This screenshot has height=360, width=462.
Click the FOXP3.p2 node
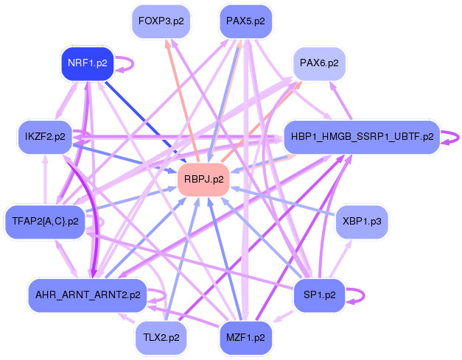(160, 22)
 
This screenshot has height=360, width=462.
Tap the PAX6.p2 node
(320, 64)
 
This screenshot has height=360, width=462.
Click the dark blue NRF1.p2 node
(88, 64)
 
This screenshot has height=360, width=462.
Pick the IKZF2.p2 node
(45, 137)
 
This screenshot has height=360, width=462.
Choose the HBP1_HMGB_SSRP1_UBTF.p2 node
(362, 137)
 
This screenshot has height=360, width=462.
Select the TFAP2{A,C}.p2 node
(45, 222)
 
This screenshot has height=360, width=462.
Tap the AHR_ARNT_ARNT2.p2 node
(88, 295)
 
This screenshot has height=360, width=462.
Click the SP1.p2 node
(320, 295)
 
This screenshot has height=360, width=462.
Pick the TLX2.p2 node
(160, 337)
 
